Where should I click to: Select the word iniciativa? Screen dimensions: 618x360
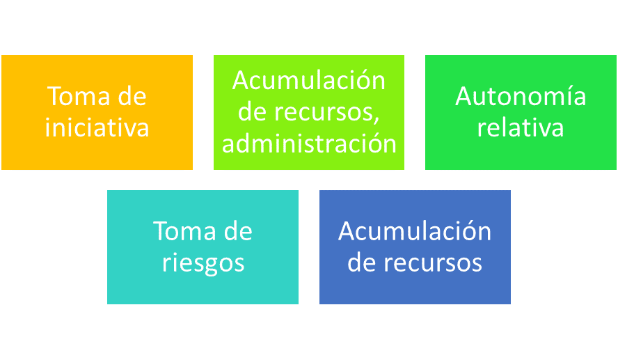97,128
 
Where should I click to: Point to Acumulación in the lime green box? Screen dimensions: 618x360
309,81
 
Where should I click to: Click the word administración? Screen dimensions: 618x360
309,144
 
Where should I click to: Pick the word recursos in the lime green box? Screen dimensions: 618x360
326,113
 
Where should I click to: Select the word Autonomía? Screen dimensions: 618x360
521,96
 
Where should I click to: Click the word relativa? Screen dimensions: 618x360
521,128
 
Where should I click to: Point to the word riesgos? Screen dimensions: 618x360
203,263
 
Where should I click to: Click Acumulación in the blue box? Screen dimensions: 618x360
415,231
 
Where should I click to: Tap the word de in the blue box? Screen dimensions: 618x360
362,263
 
